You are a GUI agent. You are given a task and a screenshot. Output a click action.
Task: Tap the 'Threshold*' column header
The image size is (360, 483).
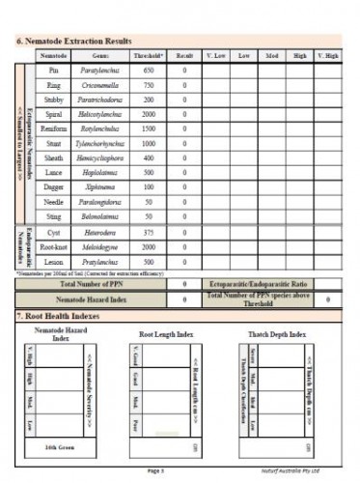[149, 57]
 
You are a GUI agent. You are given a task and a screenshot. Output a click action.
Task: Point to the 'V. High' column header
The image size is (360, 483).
[328, 57]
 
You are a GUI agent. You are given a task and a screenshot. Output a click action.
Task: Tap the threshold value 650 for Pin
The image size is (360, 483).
[149, 71]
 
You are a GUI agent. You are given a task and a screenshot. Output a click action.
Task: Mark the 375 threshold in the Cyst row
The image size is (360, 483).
[149, 232]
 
